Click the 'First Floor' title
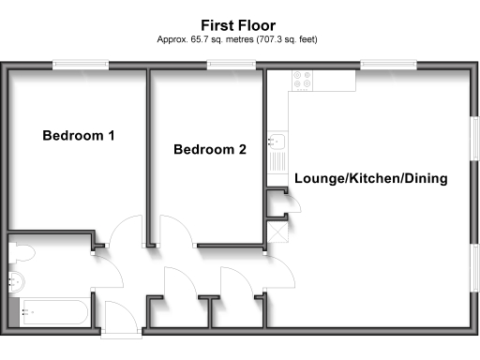239,24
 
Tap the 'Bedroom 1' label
79,136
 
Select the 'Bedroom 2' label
210,149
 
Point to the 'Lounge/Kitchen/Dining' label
370,178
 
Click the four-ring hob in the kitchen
304,82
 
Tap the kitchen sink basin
277,143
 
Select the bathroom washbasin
16,278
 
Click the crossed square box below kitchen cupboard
278,229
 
